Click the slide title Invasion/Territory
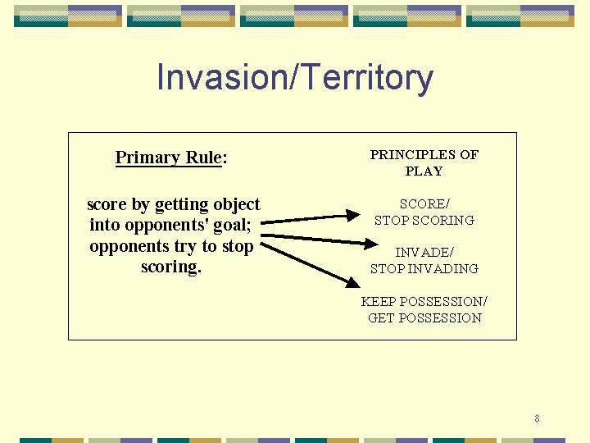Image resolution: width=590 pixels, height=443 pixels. click(x=295, y=78)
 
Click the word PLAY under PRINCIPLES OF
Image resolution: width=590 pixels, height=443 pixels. click(x=424, y=171)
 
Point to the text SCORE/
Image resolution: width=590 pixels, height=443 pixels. click(x=424, y=203)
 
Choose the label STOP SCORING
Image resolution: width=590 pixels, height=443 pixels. click(x=424, y=220)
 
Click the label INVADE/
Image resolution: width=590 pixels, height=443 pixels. click(x=424, y=252)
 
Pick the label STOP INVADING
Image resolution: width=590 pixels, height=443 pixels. click(x=424, y=268)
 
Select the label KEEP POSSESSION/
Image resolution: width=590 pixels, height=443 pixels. click(x=424, y=301)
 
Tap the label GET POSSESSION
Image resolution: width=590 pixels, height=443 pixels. click(x=424, y=318)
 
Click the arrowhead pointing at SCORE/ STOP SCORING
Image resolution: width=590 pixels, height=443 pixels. click(x=353, y=216)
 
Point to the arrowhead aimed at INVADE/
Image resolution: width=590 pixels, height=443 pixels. click(x=370, y=244)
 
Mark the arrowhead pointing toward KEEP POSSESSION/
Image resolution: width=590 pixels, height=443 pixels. click(x=353, y=282)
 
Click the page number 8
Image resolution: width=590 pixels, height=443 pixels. click(x=537, y=418)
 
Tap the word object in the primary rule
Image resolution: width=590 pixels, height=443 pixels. click(x=237, y=204)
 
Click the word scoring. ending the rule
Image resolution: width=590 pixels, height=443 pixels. click(x=171, y=267)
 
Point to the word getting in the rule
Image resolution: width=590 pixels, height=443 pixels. click(x=182, y=205)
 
